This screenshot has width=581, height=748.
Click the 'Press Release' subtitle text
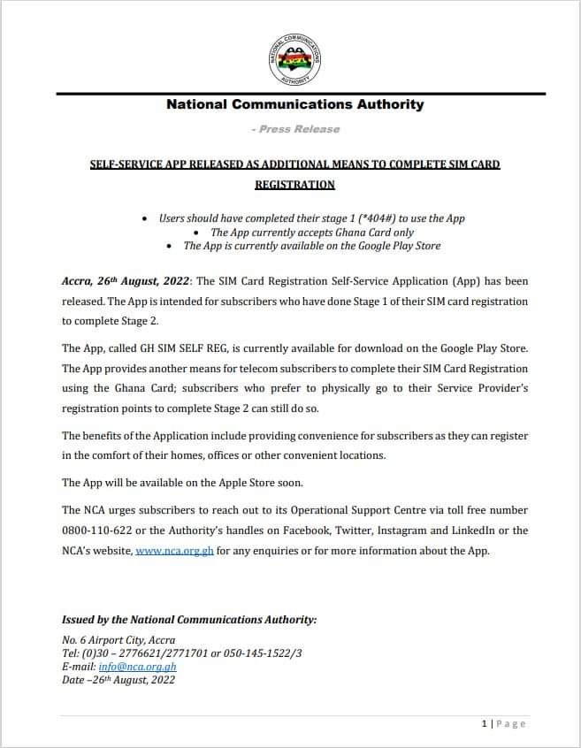(x=295, y=129)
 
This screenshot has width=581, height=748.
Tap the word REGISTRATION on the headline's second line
(x=295, y=185)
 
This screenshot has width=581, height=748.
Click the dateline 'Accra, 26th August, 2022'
(x=125, y=281)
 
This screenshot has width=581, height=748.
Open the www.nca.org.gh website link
(x=174, y=551)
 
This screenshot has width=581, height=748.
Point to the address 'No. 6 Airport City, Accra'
(x=118, y=640)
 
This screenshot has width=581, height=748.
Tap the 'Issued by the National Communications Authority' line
(x=188, y=620)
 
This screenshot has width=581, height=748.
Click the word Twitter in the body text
(x=352, y=530)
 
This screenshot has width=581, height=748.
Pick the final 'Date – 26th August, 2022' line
(x=118, y=680)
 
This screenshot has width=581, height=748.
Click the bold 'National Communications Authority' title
(x=295, y=104)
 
